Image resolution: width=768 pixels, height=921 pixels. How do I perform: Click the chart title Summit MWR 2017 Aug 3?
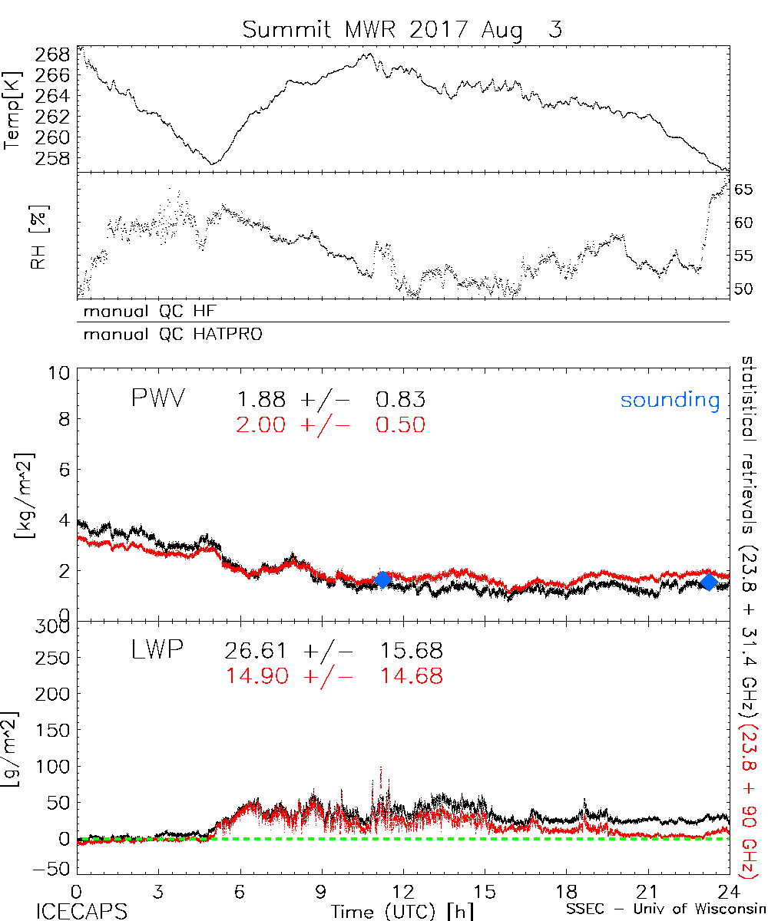click(x=402, y=29)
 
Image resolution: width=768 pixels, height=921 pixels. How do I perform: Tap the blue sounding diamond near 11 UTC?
click(x=382, y=579)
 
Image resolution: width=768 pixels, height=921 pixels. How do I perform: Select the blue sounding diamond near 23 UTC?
click(x=709, y=582)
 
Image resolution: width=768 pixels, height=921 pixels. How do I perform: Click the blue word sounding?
click(x=670, y=400)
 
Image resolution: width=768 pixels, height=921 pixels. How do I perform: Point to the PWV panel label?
click(x=157, y=399)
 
